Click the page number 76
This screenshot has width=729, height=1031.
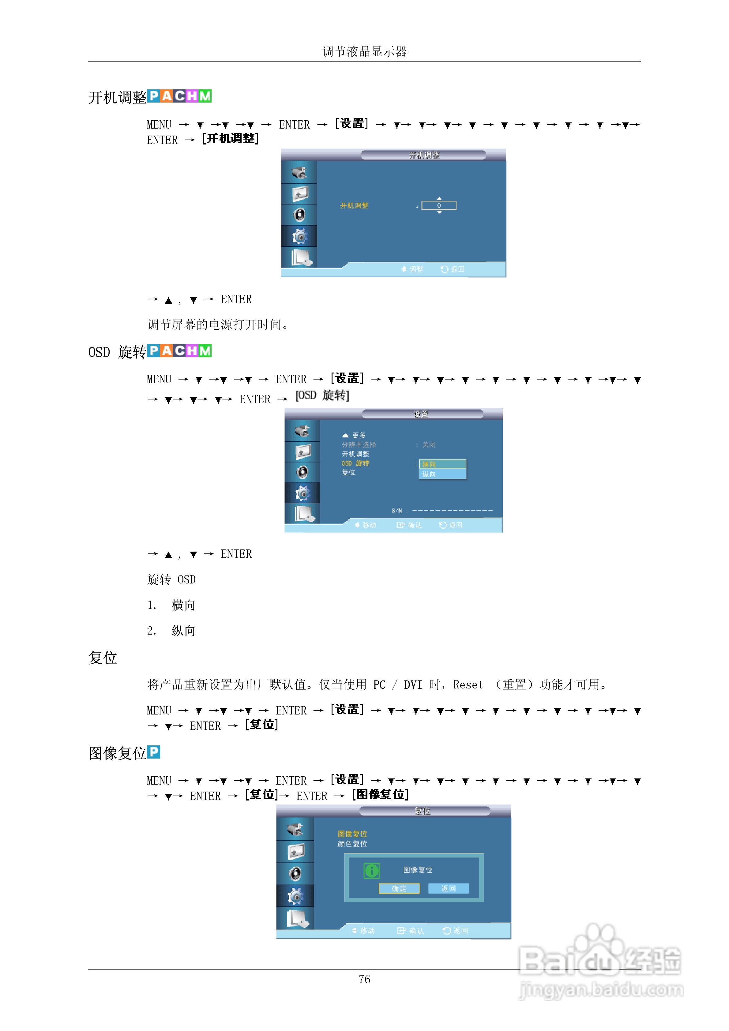(x=364, y=979)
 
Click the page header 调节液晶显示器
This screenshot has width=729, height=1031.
(x=364, y=51)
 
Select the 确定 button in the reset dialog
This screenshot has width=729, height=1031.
(x=399, y=888)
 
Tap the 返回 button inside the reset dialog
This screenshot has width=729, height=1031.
(x=448, y=888)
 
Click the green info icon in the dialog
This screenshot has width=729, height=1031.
(x=371, y=871)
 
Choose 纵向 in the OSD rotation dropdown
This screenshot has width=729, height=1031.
(x=442, y=474)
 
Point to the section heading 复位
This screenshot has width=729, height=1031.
(x=103, y=658)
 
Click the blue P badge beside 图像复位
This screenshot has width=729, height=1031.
(x=154, y=752)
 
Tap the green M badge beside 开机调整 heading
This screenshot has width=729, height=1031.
(x=205, y=96)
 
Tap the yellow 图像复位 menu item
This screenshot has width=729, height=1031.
(x=352, y=834)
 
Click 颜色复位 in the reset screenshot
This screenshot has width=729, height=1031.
(x=352, y=844)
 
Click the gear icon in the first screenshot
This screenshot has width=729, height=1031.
(x=299, y=236)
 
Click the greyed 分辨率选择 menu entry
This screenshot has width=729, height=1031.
(x=359, y=444)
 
